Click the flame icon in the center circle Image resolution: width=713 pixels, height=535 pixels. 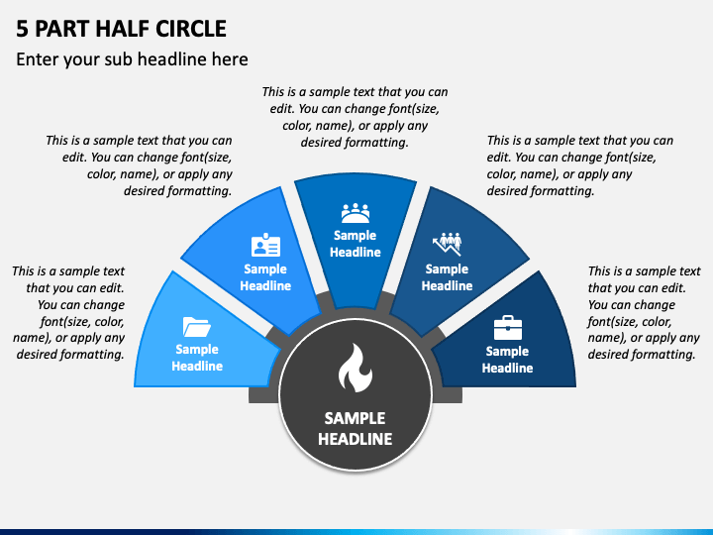pyautogui.click(x=355, y=369)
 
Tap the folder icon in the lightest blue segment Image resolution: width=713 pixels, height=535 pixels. pyautogui.click(x=197, y=326)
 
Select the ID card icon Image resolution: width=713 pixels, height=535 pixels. pyautogui.click(x=265, y=246)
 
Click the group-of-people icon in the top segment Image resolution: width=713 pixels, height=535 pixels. pyautogui.click(x=355, y=213)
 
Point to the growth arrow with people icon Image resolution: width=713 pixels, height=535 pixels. pyautogui.click(x=447, y=244)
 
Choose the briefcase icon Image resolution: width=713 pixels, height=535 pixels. pyautogui.click(x=507, y=327)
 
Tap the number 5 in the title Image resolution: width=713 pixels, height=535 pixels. pyautogui.click(x=22, y=28)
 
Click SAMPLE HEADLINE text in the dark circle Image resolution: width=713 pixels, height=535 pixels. pyautogui.click(x=355, y=428)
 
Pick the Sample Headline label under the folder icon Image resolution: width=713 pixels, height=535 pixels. pyautogui.click(x=197, y=358)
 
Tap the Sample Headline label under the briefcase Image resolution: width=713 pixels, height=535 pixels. pyautogui.click(x=507, y=360)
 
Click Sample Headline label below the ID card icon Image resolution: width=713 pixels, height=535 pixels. pyautogui.click(x=265, y=277)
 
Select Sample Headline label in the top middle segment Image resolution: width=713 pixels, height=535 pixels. pyautogui.click(x=355, y=244)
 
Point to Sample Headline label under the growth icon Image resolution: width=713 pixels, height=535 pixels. pyautogui.click(x=447, y=277)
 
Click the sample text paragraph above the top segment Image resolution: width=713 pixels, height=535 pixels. pyautogui.click(x=355, y=117)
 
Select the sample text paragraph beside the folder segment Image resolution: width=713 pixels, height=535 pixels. pyautogui.click(x=68, y=312)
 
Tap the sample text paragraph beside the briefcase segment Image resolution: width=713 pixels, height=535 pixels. pyautogui.click(x=644, y=312)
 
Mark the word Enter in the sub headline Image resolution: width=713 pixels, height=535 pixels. pyautogui.click(x=38, y=59)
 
